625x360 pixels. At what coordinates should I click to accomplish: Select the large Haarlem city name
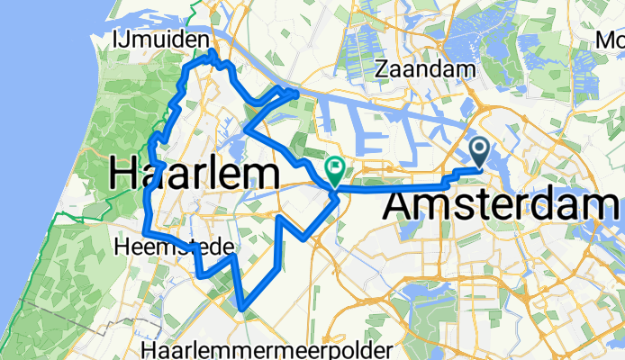point(193,174)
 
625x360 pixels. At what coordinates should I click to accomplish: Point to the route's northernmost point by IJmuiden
point(213,53)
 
